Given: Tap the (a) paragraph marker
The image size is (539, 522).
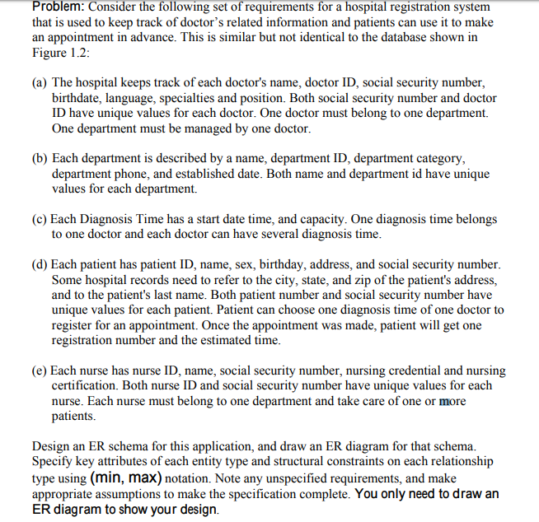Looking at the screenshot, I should [x=40, y=83].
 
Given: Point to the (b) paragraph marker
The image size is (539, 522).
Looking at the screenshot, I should [x=40, y=159].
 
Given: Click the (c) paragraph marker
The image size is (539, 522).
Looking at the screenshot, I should [x=40, y=219].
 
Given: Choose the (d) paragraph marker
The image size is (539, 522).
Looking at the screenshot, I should [x=40, y=264].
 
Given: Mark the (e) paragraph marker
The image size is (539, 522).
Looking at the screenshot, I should [x=40, y=371].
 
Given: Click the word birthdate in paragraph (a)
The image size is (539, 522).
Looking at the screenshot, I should [x=78, y=99].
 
